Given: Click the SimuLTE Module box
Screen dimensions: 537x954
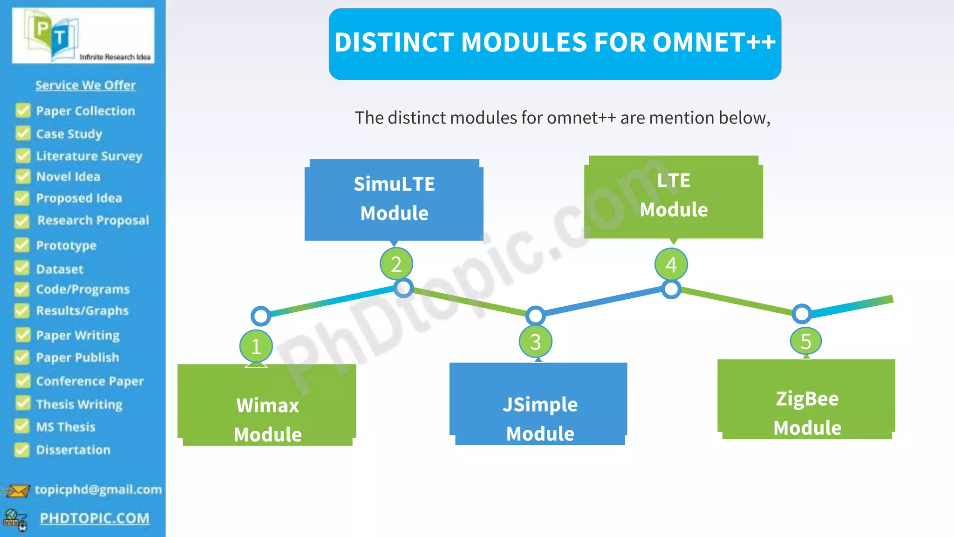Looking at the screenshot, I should pyautogui.click(x=394, y=200).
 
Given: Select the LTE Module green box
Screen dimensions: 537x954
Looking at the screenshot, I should pyautogui.click(x=674, y=196).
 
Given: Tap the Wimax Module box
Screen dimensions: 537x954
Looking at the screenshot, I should pyautogui.click(x=267, y=406).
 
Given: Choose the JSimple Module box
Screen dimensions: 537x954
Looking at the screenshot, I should pyautogui.click(x=539, y=404).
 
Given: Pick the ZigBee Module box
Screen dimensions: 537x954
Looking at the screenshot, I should pyautogui.click(x=806, y=400).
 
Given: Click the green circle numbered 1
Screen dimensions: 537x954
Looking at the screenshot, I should pyautogui.click(x=256, y=346).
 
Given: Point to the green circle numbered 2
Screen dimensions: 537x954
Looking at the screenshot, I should pyautogui.click(x=396, y=264).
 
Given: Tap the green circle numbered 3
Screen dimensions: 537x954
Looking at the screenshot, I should pyautogui.click(x=536, y=342).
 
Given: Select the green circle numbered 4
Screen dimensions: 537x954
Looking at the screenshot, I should pyautogui.click(x=671, y=264).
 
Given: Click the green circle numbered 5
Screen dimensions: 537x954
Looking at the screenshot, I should pyautogui.click(x=806, y=341).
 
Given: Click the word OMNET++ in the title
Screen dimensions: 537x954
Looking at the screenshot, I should pyautogui.click(x=714, y=42).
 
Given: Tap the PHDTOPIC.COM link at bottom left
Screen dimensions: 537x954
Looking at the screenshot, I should pyautogui.click(x=95, y=518).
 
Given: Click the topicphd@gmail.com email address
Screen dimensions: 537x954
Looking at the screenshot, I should pyautogui.click(x=98, y=489).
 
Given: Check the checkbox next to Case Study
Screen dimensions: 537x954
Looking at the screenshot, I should pyautogui.click(x=23, y=133).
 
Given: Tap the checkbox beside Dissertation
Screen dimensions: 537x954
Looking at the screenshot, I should pyautogui.click(x=21, y=450).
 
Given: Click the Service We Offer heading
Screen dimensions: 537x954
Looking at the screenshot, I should pyautogui.click(x=85, y=85).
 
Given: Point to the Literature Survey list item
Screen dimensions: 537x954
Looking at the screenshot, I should pyautogui.click(x=89, y=156).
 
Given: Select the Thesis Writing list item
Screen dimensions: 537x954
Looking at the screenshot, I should pyautogui.click(x=79, y=404).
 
